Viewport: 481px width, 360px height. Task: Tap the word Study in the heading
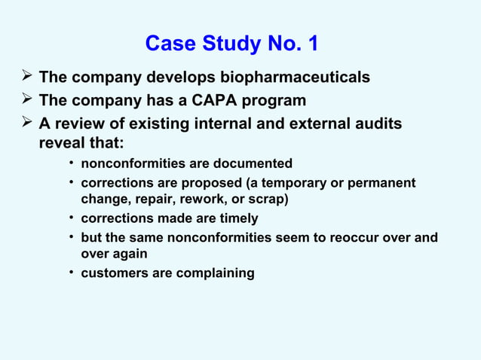225,44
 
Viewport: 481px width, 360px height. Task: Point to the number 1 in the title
311,44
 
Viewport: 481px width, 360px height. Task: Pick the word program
279,101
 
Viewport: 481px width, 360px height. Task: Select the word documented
256,163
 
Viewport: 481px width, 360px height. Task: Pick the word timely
235,218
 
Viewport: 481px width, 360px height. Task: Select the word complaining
214,273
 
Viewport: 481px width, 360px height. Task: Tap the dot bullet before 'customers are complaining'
70,273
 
